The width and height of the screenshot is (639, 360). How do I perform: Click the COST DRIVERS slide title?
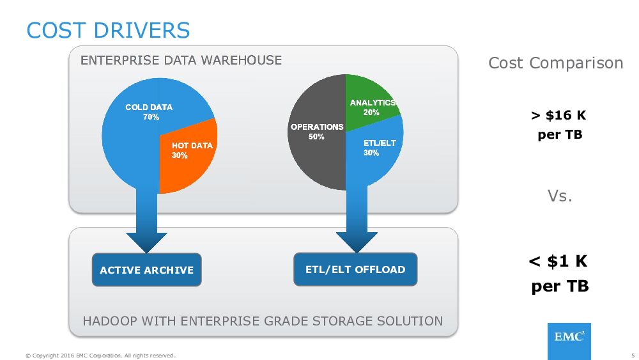pyautogui.click(x=108, y=30)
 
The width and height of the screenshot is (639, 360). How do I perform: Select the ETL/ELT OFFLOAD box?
pyautogui.click(x=355, y=269)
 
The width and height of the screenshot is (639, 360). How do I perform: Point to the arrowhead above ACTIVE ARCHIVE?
pyautogui.click(x=146, y=241)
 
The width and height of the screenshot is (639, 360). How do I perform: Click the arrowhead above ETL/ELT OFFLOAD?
pyautogui.click(x=357, y=241)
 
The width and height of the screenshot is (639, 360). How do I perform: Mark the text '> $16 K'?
pyautogui.click(x=558, y=116)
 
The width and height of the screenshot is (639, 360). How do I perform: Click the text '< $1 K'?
pyautogui.click(x=558, y=262)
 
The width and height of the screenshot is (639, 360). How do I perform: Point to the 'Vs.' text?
pyautogui.click(x=560, y=196)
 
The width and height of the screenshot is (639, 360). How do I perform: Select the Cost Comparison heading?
pyautogui.click(x=555, y=63)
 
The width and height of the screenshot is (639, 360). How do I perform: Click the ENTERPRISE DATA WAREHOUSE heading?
pyautogui.click(x=181, y=61)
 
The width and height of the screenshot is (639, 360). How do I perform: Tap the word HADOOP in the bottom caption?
pyautogui.click(x=107, y=321)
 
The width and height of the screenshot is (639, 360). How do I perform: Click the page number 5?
pyautogui.click(x=633, y=356)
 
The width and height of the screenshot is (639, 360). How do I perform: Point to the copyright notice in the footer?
pyautogui.click(x=100, y=356)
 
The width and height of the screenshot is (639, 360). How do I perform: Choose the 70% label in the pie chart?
pyautogui.click(x=151, y=118)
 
